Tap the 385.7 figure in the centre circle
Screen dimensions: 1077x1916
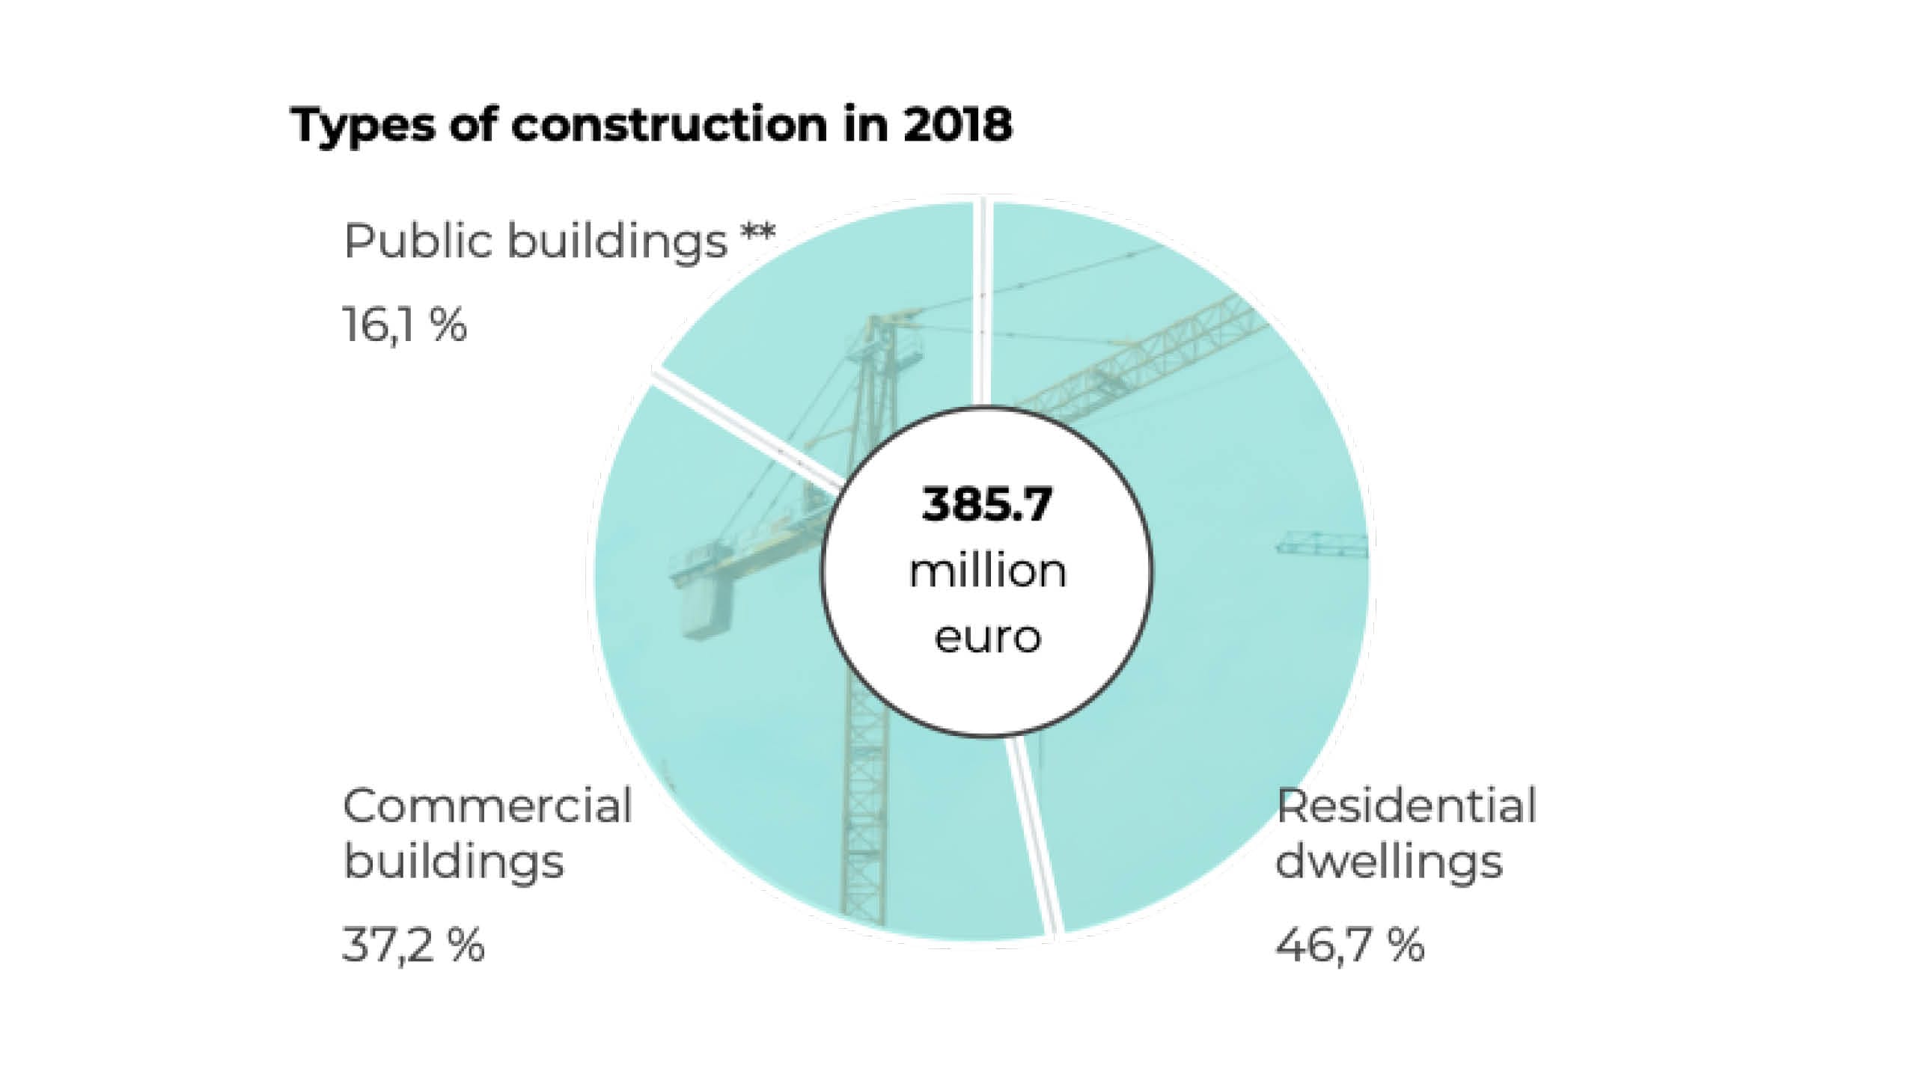click(x=986, y=505)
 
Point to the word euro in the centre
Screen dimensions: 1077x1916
click(x=987, y=638)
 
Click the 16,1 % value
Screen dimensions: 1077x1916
click(x=405, y=326)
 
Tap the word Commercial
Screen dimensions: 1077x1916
click(x=487, y=807)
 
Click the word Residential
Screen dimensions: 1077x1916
click(x=1406, y=807)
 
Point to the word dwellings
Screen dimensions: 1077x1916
click(x=1388, y=862)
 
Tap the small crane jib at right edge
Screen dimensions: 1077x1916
click(x=1322, y=544)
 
